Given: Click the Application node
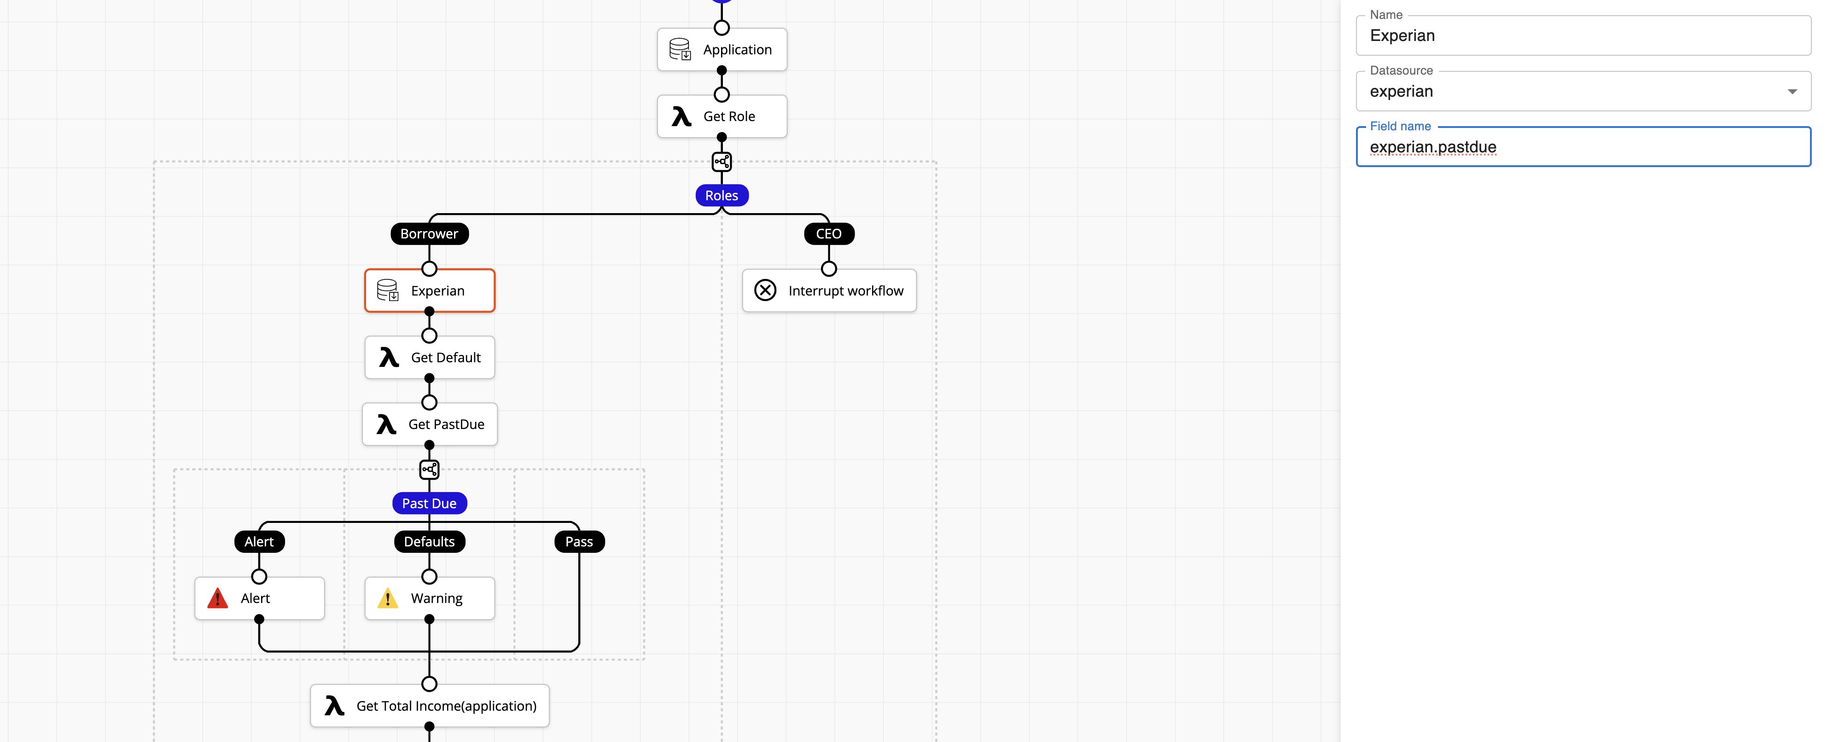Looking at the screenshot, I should coord(721,50).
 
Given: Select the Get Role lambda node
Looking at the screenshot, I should coord(721,116).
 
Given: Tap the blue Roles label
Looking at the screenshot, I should coord(721,196).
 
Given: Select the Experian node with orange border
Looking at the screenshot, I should coord(429,291).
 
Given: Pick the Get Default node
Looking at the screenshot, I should coord(429,358).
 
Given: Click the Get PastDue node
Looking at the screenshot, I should coord(429,424).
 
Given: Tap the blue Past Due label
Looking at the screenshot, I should coord(429,504).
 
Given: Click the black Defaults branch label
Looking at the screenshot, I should coord(429,542).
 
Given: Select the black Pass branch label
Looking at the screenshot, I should coord(579,542).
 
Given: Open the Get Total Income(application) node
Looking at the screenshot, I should coord(429,706).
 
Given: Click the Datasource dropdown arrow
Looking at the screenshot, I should coord(1792,92).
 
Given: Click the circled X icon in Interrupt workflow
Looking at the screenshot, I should coord(765,291).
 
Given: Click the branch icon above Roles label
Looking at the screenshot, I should coord(721,162).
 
